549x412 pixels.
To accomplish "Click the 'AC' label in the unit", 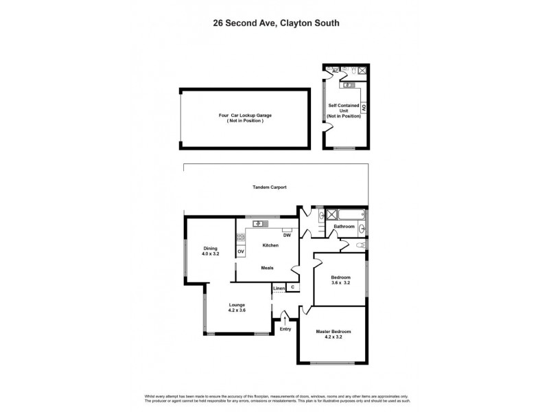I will (335, 71).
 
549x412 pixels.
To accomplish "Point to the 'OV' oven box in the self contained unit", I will (364, 107).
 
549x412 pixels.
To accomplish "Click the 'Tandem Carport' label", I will (268, 187).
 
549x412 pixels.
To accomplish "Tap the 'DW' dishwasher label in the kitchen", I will (286, 236).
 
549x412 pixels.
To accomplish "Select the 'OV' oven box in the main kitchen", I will (241, 252).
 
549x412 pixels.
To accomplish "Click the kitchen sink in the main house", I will (260, 223).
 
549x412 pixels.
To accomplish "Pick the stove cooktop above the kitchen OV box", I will (241, 238).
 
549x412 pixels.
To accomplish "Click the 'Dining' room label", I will (210, 248).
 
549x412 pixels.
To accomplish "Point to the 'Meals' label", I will (268, 268).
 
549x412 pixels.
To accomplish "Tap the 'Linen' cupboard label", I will (279, 288).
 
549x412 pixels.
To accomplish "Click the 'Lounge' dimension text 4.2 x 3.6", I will (237, 310).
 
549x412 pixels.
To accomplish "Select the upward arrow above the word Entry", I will (285, 318).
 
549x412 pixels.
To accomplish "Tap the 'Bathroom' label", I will (344, 227).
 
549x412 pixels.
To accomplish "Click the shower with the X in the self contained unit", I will (362, 71).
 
